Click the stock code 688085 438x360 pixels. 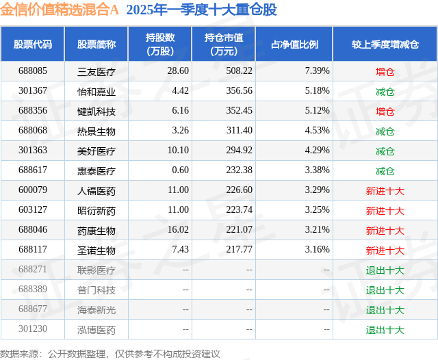click(33, 71)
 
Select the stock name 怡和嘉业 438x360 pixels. click(96, 91)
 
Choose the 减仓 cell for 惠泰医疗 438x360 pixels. click(385, 170)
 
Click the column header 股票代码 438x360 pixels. click(33, 44)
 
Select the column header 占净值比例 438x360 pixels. click(300, 44)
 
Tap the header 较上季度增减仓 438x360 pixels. click(385, 44)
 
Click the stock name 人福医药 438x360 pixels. click(96, 190)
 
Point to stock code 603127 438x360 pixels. click(33, 210)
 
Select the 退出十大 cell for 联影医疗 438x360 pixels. click(385, 270)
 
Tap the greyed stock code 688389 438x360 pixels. click(33, 290)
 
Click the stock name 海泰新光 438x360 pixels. click(96, 309)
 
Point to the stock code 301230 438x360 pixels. click(33, 329)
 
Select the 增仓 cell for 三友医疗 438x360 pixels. click(385, 71)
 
